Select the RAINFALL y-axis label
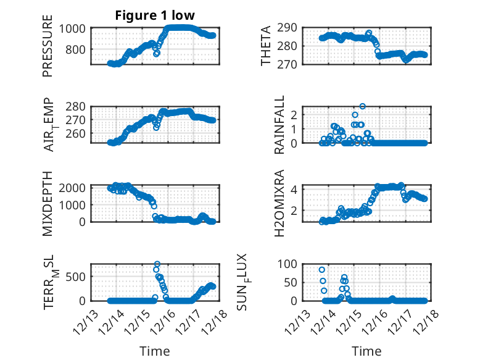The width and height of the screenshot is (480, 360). (x=279, y=125)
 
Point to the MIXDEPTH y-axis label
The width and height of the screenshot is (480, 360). (x=48, y=203)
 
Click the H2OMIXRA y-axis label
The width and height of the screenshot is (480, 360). (x=279, y=203)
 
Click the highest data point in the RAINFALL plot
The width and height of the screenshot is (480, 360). (x=363, y=106)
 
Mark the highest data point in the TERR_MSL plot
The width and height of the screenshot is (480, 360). (x=157, y=264)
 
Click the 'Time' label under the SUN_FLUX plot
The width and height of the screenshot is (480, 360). (x=366, y=351)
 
